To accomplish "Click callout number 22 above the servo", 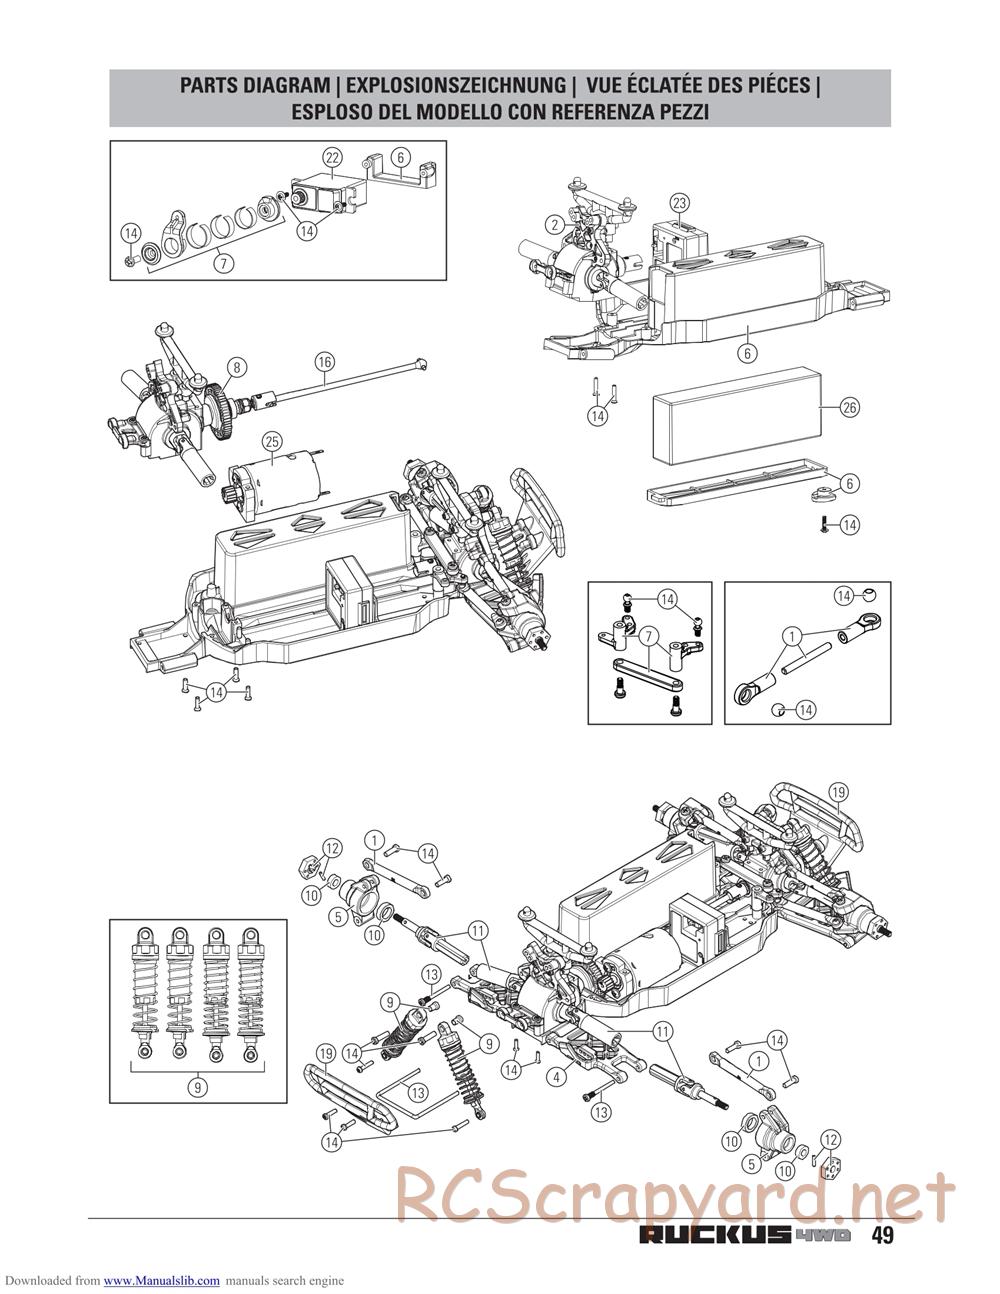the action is (x=332, y=158).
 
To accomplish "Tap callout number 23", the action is (x=680, y=202).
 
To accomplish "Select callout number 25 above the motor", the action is (x=272, y=441).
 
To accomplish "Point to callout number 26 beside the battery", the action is (x=850, y=408).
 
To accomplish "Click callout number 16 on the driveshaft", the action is (x=324, y=361).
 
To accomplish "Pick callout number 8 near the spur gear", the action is (x=237, y=367).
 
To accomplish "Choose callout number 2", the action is (x=555, y=224).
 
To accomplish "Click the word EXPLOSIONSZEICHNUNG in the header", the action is (x=456, y=85).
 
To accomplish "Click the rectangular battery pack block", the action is (x=737, y=416).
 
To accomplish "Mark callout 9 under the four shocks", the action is (x=198, y=1087).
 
